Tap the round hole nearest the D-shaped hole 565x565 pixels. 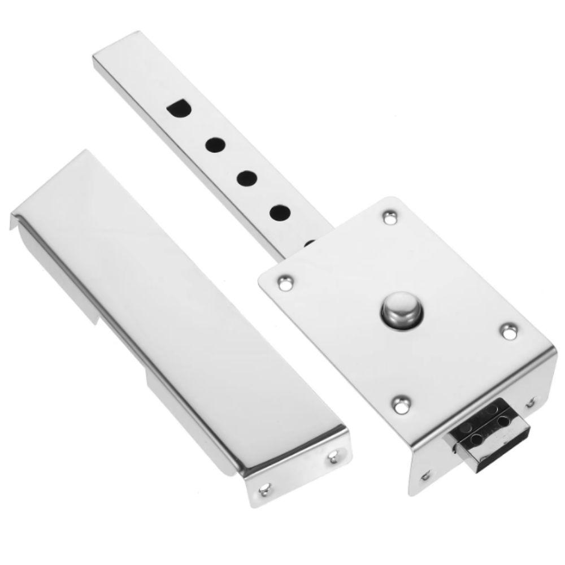[x=214, y=145]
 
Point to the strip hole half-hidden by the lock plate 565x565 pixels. [x=310, y=244]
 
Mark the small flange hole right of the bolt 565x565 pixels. [x=531, y=402]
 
